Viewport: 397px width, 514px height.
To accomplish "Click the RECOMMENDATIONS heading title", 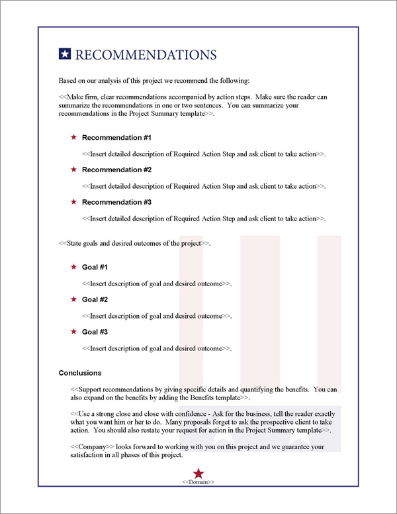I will [146, 54].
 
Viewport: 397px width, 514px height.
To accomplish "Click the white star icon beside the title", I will [65, 54].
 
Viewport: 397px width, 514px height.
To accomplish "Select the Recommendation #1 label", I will [116, 138].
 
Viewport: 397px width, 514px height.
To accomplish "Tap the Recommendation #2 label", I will [116, 170].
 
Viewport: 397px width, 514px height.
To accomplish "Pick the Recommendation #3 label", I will [116, 202].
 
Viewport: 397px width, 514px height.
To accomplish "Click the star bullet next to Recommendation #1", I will [73, 138].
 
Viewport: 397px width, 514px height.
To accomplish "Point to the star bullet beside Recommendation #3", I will [73, 202].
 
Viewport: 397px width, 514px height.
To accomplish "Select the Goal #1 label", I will [95, 267].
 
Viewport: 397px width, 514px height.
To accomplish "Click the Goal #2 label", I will [95, 299].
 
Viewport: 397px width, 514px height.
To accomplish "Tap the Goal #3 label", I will [95, 332].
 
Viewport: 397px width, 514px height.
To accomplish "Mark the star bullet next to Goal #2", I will [73, 299].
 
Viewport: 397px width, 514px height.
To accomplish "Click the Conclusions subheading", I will [80, 373].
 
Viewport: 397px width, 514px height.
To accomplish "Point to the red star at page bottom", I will [198, 472].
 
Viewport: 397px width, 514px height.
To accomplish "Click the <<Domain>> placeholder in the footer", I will [198, 482].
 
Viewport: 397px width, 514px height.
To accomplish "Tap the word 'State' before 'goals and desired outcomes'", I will [75, 243].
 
